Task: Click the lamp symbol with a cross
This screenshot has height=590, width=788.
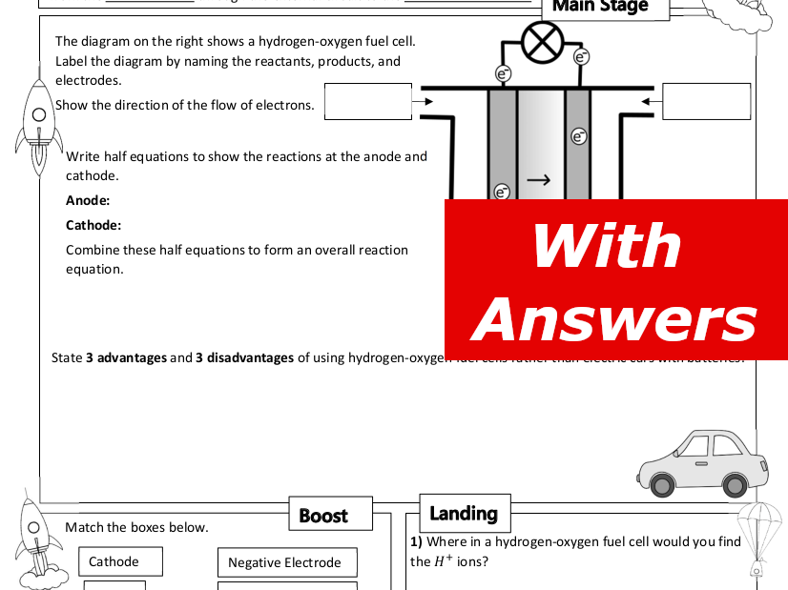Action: point(544,42)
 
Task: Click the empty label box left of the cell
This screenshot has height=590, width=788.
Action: point(367,101)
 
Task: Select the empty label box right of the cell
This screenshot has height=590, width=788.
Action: point(706,101)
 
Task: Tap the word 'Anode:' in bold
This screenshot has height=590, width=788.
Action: point(88,200)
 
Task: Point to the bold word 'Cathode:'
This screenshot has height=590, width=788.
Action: point(93,226)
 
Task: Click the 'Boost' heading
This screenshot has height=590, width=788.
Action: point(323,516)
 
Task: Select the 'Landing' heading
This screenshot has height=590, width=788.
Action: point(464,514)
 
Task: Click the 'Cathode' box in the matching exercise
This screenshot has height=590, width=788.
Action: point(120,561)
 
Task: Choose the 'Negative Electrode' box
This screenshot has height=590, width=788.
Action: point(286,562)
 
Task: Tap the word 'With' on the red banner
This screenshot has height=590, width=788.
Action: point(606,246)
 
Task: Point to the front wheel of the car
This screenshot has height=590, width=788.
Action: point(735,484)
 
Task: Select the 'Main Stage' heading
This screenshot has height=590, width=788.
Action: point(600,7)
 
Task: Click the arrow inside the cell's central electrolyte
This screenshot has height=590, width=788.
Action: point(538,179)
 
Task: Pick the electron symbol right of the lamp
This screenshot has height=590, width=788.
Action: point(581,57)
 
